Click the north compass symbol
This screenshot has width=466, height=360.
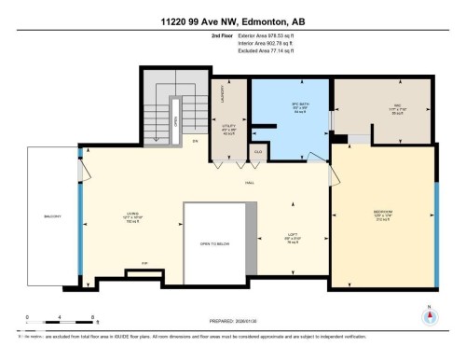(430, 315)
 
